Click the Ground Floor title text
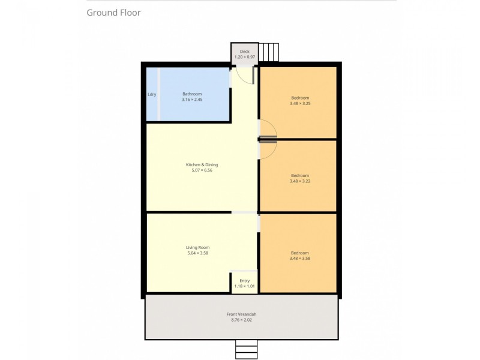click(113, 13)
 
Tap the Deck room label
click(244, 52)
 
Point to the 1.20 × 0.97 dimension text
click(244, 57)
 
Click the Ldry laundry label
click(152, 94)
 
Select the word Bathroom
click(192, 94)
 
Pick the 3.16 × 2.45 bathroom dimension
click(192, 100)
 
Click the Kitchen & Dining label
click(202, 164)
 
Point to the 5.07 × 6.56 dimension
click(202, 170)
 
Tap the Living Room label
click(197, 247)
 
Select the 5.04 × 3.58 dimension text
click(197, 253)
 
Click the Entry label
click(244, 280)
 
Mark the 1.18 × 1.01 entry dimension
click(244, 286)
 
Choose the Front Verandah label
click(242, 314)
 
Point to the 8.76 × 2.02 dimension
click(242, 320)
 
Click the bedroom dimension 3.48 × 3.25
click(300, 103)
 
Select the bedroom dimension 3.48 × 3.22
click(300, 181)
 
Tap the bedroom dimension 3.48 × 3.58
click(300, 259)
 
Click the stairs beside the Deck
click(269, 52)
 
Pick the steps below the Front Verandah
click(246, 349)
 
